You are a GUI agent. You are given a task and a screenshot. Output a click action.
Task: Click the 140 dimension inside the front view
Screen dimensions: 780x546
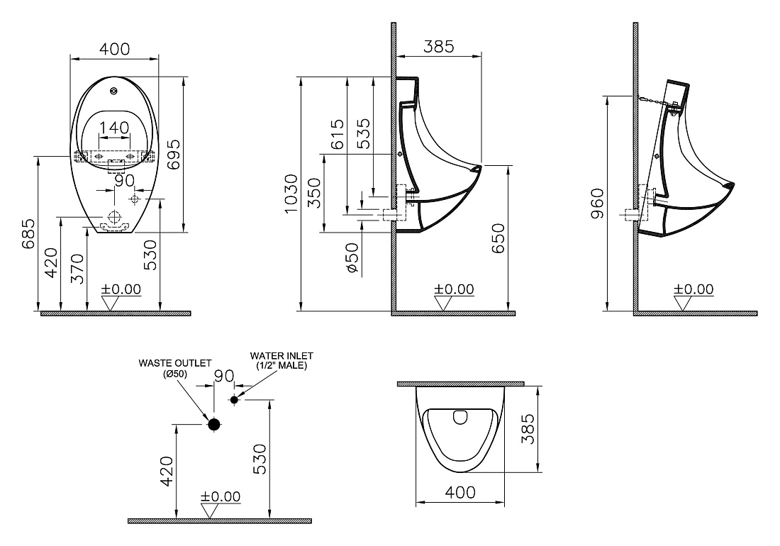pyautogui.click(x=114, y=128)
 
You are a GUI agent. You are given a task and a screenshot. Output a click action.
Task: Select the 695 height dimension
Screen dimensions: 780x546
pyautogui.click(x=173, y=155)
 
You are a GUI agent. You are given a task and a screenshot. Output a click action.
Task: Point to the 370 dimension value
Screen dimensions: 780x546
pyautogui.click(x=77, y=269)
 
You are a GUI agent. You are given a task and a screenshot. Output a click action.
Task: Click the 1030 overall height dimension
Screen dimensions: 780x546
pyautogui.click(x=291, y=194)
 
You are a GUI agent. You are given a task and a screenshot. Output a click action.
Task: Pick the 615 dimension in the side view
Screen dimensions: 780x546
pyautogui.click(x=337, y=134)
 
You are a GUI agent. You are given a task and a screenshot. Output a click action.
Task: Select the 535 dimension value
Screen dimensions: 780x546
pyautogui.click(x=364, y=133)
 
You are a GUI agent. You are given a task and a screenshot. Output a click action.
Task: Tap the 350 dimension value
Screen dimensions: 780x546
pyautogui.click(x=315, y=193)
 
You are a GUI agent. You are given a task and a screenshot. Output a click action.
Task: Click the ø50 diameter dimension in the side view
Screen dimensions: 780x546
pyautogui.click(x=352, y=257)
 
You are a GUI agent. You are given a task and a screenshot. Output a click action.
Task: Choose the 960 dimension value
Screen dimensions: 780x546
pyautogui.click(x=596, y=203)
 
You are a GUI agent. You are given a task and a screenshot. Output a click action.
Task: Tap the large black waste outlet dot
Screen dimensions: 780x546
pyautogui.click(x=214, y=424)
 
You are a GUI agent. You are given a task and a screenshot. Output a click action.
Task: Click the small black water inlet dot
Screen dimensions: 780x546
pyautogui.click(x=234, y=399)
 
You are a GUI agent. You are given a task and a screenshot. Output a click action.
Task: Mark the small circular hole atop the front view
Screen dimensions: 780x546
pyautogui.click(x=114, y=91)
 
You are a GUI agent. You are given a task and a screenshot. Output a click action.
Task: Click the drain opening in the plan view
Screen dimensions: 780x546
pyautogui.click(x=461, y=417)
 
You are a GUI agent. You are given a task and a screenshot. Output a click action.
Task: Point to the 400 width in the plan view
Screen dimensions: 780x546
pyautogui.click(x=460, y=492)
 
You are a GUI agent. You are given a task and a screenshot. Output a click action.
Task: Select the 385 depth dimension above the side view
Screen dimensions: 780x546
pyautogui.click(x=439, y=46)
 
